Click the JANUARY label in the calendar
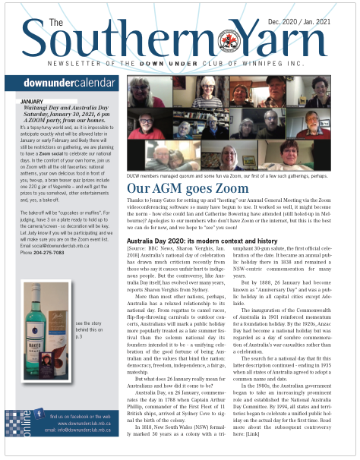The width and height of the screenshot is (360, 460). (37, 101)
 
